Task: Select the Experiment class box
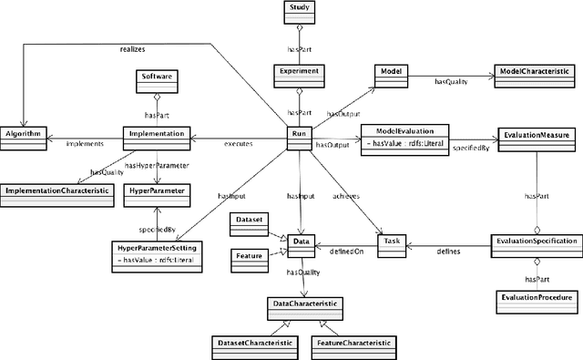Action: (x=300, y=72)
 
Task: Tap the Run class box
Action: (x=300, y=135)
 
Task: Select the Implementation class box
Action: (x=154, y=135)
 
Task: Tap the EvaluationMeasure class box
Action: (x=537, y=135)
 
